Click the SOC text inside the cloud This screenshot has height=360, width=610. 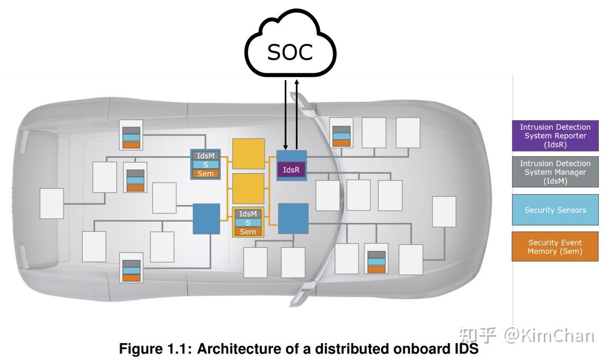point(290,52)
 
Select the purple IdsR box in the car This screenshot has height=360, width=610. point(291,170)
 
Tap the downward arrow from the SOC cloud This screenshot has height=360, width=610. point(285,114)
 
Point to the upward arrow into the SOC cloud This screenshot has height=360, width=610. point(297,114)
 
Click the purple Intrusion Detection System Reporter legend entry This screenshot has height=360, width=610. point(555,136)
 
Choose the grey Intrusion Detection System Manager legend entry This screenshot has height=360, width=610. point(555,172)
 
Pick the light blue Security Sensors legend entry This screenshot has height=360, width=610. point(555,210)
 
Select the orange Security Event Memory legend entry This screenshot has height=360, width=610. point(555,247)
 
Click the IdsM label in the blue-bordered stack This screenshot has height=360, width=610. point(205,156)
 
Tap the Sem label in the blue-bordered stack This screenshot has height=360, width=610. point(205,174)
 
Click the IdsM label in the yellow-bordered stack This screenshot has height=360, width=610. point(247,214)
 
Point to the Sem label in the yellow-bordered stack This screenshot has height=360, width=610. point(247,232)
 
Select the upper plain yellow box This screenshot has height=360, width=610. point(248,154)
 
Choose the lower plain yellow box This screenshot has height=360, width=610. point(248,188)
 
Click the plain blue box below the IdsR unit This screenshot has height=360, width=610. point(293,219)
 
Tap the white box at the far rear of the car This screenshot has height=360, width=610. point(51,203)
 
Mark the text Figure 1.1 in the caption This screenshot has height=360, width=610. point(155,349)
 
